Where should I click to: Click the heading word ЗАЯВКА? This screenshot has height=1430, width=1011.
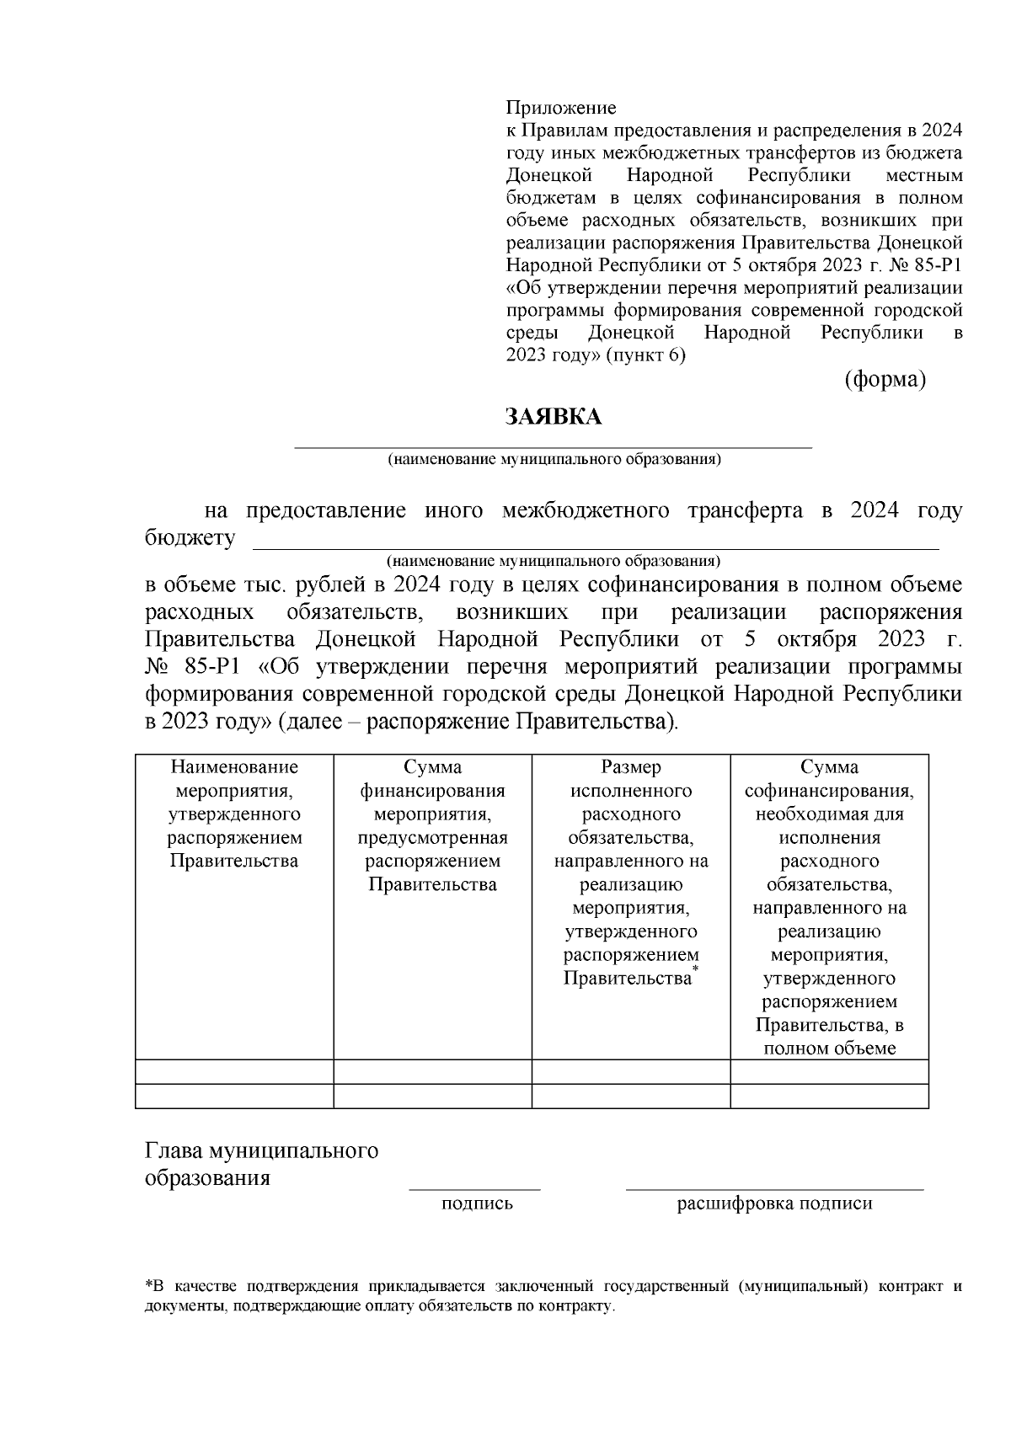[553, 417]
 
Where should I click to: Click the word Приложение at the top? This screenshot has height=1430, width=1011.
[560, 108]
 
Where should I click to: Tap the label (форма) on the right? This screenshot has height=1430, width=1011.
[885, 380]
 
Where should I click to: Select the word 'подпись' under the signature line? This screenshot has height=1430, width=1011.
[477, 1204]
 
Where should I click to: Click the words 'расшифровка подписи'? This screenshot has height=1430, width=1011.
[774, 1204]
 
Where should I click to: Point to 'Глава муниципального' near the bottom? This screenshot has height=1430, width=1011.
[261, 1150]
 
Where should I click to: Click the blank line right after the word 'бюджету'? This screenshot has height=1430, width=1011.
[596, 548]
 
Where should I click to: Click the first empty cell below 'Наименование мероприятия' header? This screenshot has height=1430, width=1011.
[234, 1071]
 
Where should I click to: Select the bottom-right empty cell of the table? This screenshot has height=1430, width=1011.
[829, 1096]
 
